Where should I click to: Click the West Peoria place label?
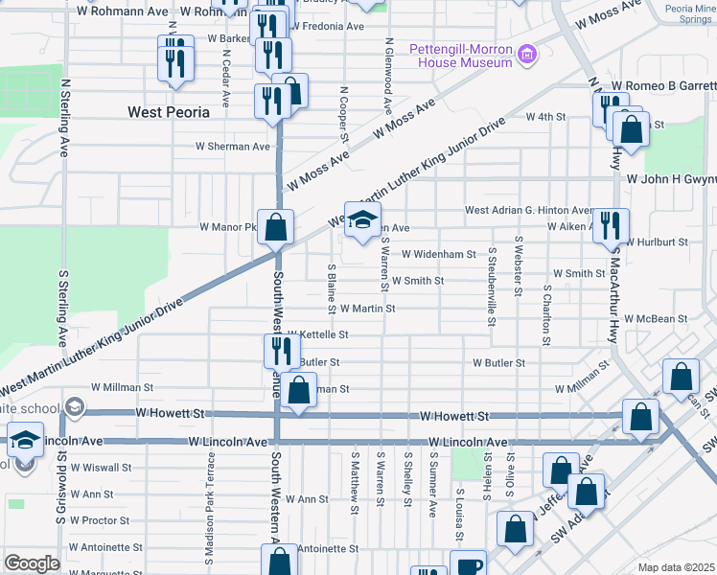pos(169,112)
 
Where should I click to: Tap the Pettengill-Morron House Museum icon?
pos(525,55)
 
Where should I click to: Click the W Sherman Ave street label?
pos(233,147)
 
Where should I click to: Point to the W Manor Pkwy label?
pos(228,227)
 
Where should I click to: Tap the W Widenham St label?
pos(439,254)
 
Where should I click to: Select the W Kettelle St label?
pos(317,334)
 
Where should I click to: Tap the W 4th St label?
pos(546,117)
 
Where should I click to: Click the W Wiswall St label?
pos(99,468)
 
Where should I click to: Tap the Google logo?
pos(32,563)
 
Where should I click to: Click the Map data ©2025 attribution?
pos(675,567)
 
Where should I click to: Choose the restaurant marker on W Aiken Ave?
pos(611,226)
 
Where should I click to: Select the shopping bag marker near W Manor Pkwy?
pos(276,227)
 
